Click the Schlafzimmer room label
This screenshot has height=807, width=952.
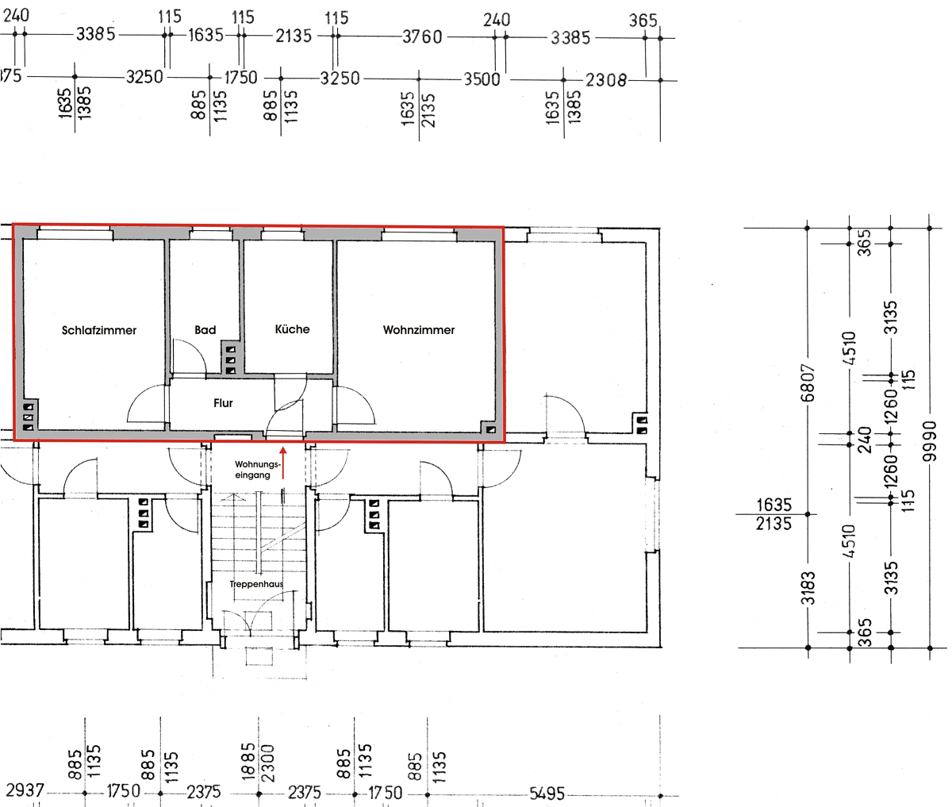click(x=99, y=330)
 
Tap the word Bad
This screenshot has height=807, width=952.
click(x=205, y=330)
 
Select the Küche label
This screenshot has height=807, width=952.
click(x=292, y=329)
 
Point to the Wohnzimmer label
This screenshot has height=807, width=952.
click(x=419, y=330)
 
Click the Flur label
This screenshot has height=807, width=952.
click(x=223, y=403)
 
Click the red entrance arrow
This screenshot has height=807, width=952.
click(x=282, y=463)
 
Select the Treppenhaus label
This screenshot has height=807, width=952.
click(x=256, y=584)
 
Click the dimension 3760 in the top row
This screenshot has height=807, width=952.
click(x=422, y=37)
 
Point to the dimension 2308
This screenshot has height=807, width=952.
click(x=605, y=81)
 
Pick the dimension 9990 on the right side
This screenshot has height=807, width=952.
click(x=930, y=441)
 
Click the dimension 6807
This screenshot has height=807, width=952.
click(x=808, y=382)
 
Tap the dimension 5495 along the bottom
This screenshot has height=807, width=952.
click(x=547, y=794)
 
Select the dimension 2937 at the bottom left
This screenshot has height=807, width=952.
click(x=25, y=790)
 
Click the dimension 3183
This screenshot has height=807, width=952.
click(x=808, y=588)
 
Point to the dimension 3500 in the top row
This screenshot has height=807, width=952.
click(x=482, y=79)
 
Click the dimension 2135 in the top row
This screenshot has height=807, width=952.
click(x=294, y=36)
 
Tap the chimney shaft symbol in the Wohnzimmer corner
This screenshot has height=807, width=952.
click(x=491, y=429)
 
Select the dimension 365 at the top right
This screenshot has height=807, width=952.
click(x=643, y=21)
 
